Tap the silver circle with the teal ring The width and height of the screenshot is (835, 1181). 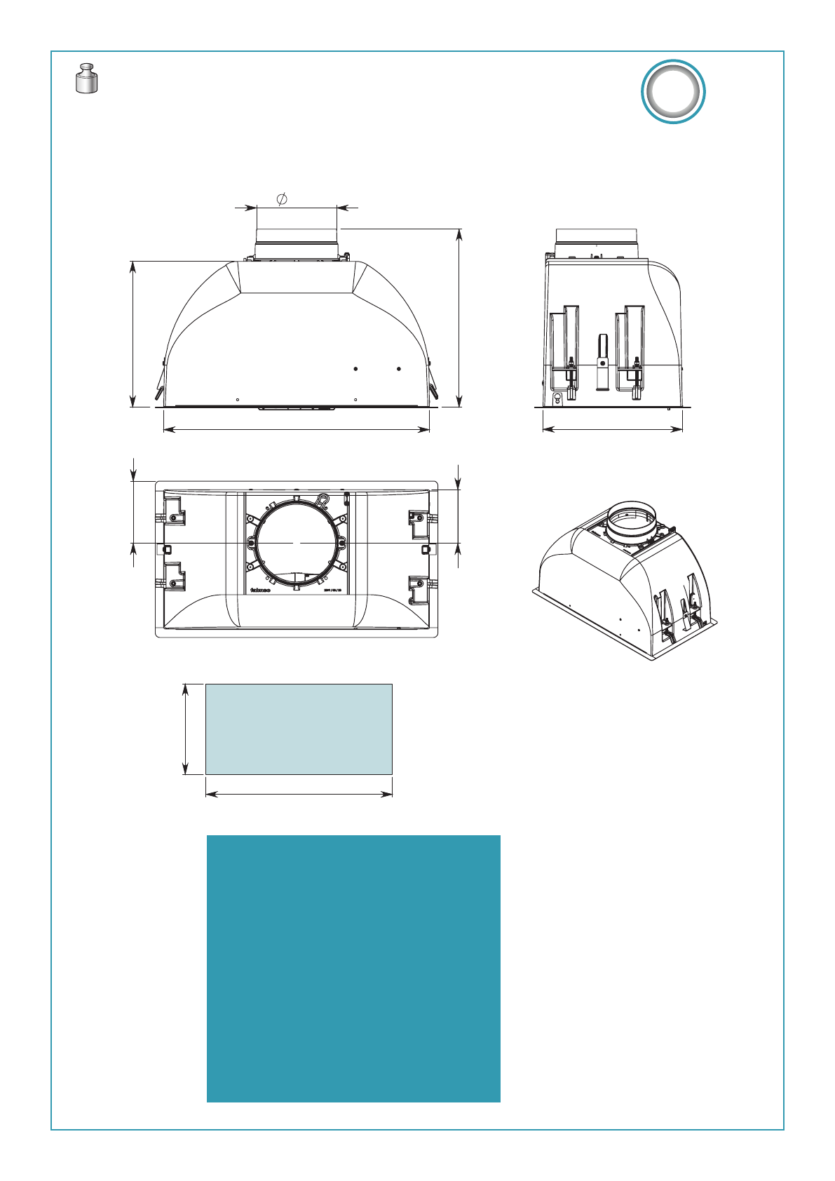point(673,92)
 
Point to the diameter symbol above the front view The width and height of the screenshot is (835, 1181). point(282,199)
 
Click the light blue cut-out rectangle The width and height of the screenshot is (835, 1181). point(299,729)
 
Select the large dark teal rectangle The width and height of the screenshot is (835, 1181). point(353,968)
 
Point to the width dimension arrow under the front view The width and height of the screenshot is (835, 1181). point(296,430)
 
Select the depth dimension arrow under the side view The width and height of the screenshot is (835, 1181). point(612,430)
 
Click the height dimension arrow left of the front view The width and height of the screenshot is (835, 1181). point(133,333)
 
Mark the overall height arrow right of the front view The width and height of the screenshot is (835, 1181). point(459,317)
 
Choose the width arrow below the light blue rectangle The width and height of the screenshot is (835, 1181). point(299,794)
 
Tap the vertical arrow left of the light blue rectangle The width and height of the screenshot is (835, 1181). point(186,729)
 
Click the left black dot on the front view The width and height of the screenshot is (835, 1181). point(356,368)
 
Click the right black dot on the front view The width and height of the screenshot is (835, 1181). point(398,368)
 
